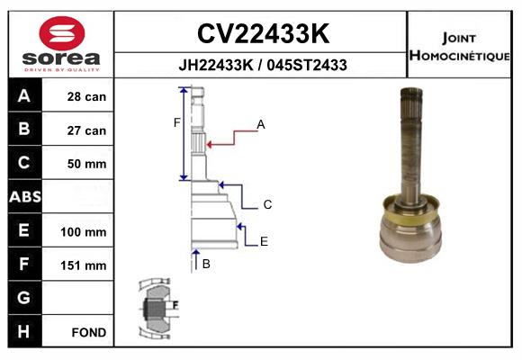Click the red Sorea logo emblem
[61, 33]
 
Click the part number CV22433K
[263, 33]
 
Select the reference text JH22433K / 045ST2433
[263, 65]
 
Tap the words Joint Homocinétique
[459, 47]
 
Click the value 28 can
[86, 96]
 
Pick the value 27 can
[86, 130]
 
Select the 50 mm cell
[86, 164]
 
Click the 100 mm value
[83, 232]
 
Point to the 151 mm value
[83, 265]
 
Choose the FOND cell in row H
[89, 332]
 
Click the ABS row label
[25, 197]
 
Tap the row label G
[23, 297]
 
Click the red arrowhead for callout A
[210, 145]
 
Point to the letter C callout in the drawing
[267, 204]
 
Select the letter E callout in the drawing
[264, 241]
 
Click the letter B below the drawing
[206, 264]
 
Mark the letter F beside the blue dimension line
[176, 122]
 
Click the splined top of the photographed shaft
[411, 103]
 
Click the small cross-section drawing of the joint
[158, 308]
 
